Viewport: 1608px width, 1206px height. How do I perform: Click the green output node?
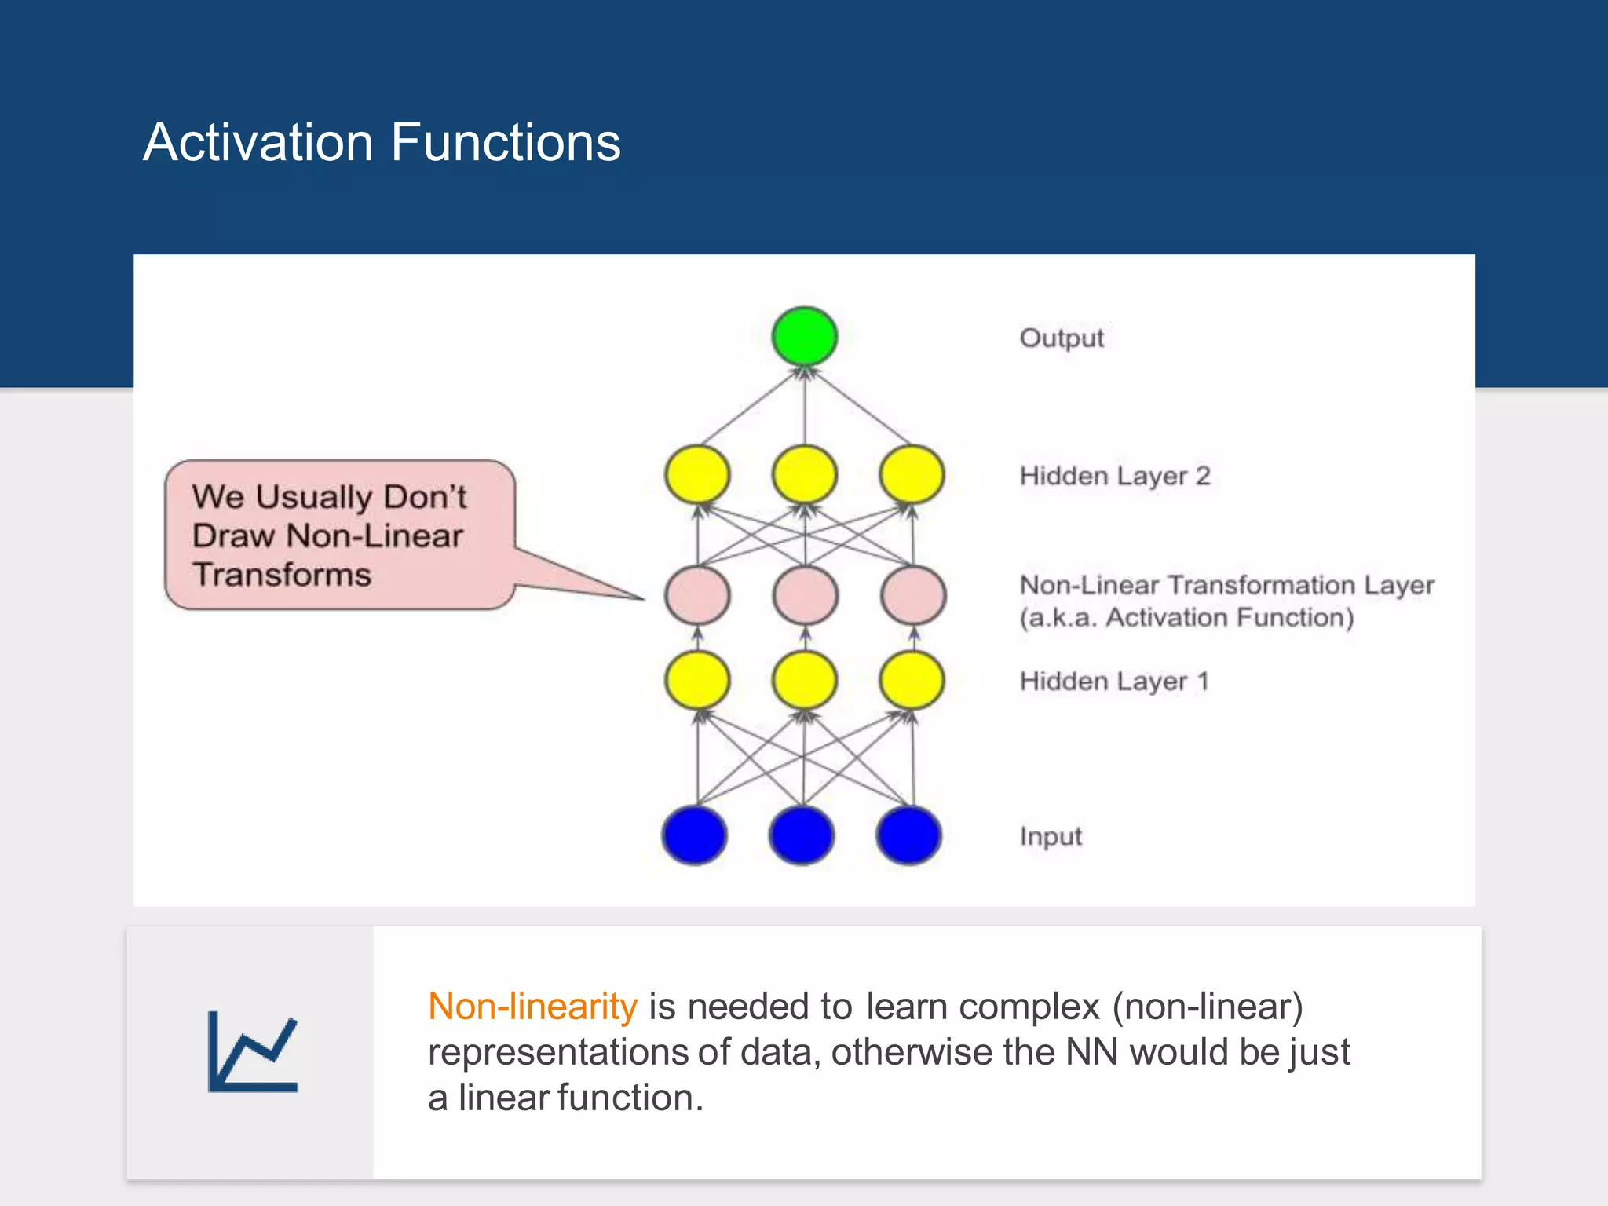coord(804,336)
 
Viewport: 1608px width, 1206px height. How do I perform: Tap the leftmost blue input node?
coord(695,835)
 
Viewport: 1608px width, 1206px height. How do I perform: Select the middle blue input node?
coord(802,835)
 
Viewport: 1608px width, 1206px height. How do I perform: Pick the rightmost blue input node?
coord(908,835)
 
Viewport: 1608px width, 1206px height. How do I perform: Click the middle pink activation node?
coord(805,595)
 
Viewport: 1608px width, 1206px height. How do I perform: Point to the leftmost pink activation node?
coord(697,595)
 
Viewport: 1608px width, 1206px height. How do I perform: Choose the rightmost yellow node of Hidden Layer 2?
coord(912,474)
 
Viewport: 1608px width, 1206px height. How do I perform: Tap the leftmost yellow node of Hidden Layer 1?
coord(697,679)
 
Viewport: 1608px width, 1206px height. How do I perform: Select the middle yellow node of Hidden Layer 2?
coord(804,474)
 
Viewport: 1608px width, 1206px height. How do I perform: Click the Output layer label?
coord(1062,338)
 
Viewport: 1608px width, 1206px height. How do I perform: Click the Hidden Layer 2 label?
coord(1114,476)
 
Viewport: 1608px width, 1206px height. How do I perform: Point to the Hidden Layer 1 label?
coord(1113,681)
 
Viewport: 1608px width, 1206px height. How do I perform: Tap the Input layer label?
coord(1051,836)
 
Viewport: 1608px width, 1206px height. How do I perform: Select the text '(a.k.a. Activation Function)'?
coord(1186,618)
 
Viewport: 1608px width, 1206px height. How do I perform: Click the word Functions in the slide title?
coord(506,142)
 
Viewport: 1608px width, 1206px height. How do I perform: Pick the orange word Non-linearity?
coord(532,1007)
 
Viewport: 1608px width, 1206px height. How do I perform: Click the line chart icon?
coord(253,1051)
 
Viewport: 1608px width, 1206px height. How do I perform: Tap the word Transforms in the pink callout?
coord(282,575)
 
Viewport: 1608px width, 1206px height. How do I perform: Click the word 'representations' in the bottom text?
coord(557,1052)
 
